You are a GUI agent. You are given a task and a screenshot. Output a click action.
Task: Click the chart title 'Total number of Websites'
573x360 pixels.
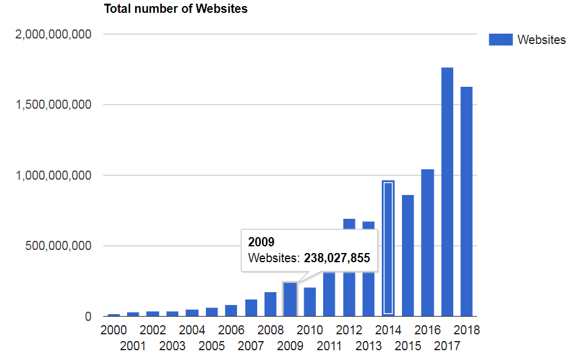coord(175,9)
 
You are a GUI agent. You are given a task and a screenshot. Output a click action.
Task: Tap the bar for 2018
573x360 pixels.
coord(467,202)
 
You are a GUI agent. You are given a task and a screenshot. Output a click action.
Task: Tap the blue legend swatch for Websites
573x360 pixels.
coord(500,40)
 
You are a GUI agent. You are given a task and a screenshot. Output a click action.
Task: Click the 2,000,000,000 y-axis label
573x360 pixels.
coord(54,34)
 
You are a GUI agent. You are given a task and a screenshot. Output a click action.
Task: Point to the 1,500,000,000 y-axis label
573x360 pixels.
coord(54,105)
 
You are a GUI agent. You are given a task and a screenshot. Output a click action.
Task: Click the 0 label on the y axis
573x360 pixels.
coord(88,317)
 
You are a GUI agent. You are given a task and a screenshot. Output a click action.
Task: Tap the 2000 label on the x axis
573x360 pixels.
coord(114,330)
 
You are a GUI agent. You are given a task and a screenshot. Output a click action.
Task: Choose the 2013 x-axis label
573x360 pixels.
coord(369,347)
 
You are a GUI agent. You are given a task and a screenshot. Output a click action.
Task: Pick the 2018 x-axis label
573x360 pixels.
coord(467,330)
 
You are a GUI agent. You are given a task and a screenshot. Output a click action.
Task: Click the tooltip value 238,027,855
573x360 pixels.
coord(337,259)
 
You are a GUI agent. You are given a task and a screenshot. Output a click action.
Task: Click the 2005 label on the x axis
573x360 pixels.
coord(212,347)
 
